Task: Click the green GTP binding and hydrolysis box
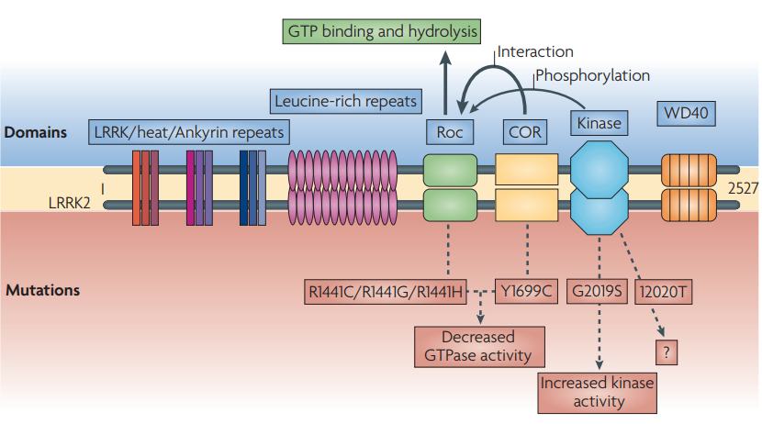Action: click(380, 30)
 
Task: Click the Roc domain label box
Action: click(449, 132)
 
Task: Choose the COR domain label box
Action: click(525, 132)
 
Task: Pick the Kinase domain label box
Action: click(599, 123)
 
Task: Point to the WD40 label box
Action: click(688, 114)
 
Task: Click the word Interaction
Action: click(534, 52)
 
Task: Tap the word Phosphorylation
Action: click(592, 76)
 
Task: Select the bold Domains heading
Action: click(36, 132)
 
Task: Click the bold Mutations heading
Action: click(42, 290)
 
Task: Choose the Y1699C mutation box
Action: click(527, 292)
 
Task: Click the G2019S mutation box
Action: click(596, 292)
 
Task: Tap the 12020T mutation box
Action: click(663, 292)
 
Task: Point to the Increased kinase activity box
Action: click(598, 392)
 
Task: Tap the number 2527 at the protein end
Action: click(742, 188)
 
